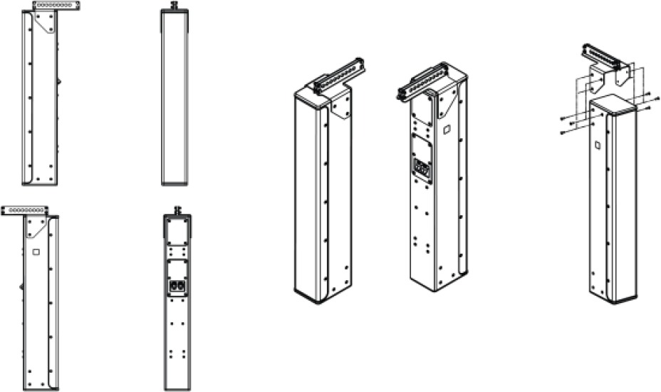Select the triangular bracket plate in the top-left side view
[x=47, y=23]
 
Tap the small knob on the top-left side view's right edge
[x=59, y=81]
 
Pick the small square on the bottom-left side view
[x=36, y=251]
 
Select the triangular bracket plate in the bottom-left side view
[x=36, y=227]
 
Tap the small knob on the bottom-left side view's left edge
[x=21, y=286]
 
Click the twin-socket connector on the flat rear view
[x=177, y=286]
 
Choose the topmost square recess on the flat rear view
[x=177, y=229]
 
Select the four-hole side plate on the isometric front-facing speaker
[x=340, y=107]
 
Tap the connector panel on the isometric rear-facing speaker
[x=421, y=170]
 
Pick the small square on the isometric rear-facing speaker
[x=445, y=130]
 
